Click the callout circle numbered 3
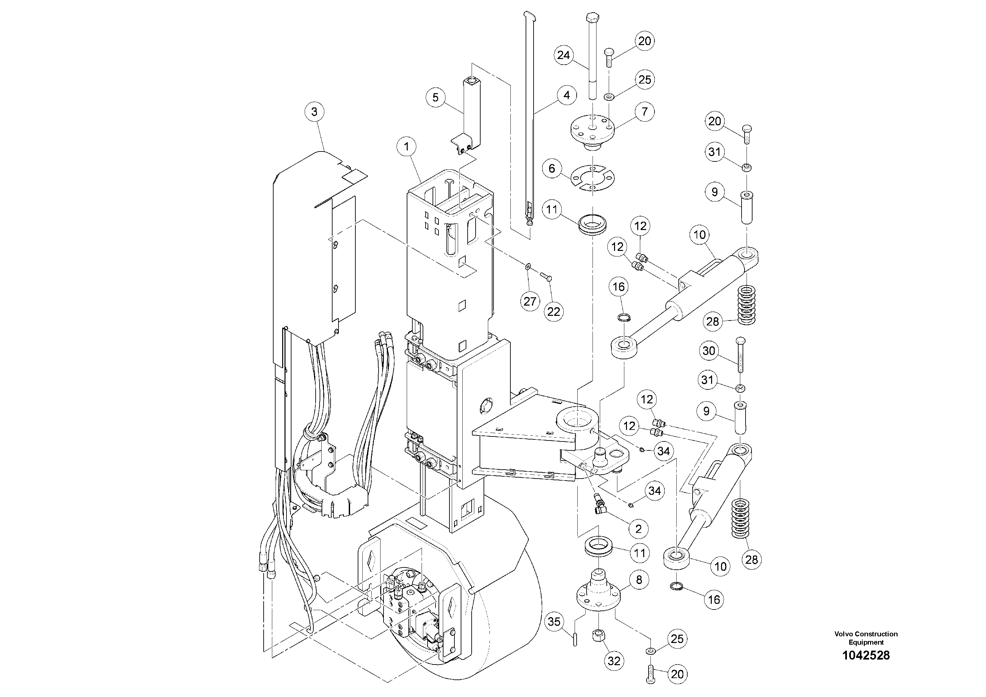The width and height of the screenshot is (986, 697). pyautogui.click(x=314, y=112)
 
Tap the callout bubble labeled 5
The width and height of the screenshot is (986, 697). pyautogui.click(x=436, y=97)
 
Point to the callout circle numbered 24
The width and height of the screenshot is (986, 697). pyautogui.click(x=563, y=55)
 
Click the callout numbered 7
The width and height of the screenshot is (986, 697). pyautogui.click(x=645, y=112)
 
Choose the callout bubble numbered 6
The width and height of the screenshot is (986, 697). pyautogui.click(x=552, y=168)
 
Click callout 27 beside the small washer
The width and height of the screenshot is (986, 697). pyautogui.click(x=530, y=301)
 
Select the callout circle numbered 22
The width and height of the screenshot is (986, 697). pyautogui.click(x=553, y=312)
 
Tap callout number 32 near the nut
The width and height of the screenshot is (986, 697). pyautogui.click(x=614, y=661)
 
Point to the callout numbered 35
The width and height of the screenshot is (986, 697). pyautogui.click(x=554, y=621)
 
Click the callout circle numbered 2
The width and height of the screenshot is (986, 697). pyautogui.click(x=638, y=529)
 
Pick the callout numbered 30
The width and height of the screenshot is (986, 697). pyautogui.click(x=708, y=351)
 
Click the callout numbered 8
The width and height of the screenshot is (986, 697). pyautogui.click(x=639, y=580)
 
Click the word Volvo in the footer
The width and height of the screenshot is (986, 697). pyautogui.click(x=843, y=634)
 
